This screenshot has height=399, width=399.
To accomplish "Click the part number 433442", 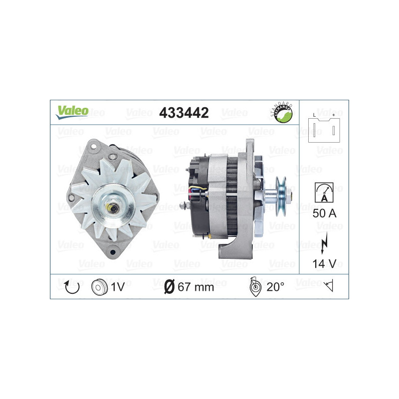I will pos(184,113).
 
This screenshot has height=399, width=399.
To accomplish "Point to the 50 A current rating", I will pos(324,214).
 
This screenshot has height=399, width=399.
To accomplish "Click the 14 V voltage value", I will pos(324,264).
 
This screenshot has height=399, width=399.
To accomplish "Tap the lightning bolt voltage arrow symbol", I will pos(324,239).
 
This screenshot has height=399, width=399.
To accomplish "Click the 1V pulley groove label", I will pos(118,287).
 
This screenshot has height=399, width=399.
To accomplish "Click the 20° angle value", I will pos(275,287).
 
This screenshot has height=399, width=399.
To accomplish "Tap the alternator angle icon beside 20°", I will pos(253,286).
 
